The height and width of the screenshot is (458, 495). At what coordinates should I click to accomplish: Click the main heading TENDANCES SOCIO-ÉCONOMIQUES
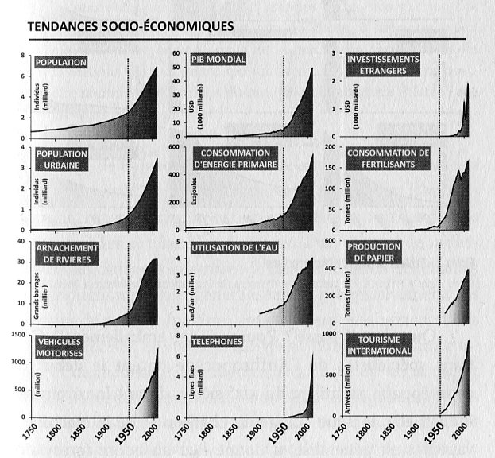point(130,26)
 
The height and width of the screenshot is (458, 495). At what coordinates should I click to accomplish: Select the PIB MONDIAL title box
point(218,61)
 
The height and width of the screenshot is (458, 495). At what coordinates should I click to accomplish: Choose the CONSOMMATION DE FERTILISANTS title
point(388,158)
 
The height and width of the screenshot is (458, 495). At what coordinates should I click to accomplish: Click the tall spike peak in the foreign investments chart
point(468,83)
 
